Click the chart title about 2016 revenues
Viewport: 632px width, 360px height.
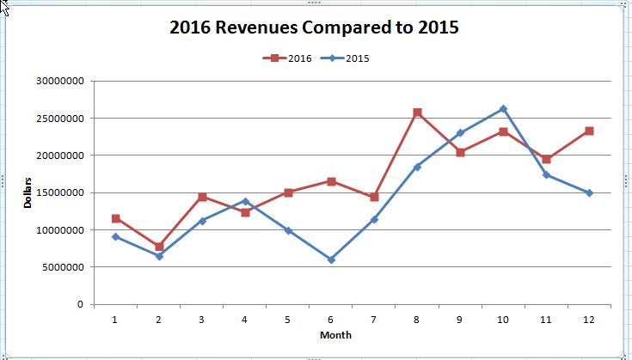click(x=314, y=27)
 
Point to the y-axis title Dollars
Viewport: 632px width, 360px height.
click(x=28, y=192)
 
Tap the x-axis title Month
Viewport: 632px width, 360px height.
click(x=334, y=334)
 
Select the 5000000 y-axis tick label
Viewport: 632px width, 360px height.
click(x=58, y=267)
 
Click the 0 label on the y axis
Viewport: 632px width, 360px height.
click(x=79, y=304)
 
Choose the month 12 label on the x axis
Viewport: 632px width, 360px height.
click(x=589, y=318)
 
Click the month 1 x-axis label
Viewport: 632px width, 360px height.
click(x=115, y=318)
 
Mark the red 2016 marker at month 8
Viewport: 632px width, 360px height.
click(x=417, y=113)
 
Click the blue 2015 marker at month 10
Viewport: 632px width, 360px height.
click(x=503, y=109)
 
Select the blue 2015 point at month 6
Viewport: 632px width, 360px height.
click(x=331, y=259)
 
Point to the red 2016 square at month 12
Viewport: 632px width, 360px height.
click(x=589, y=131)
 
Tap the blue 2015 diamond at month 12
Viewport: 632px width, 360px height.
click(x=589, y=193)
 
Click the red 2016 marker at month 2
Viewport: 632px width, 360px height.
click(x=159, y=247)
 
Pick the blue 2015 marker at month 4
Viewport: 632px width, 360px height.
click(x=245, y=201)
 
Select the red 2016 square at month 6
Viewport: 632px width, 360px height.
click(x=331, y=181)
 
